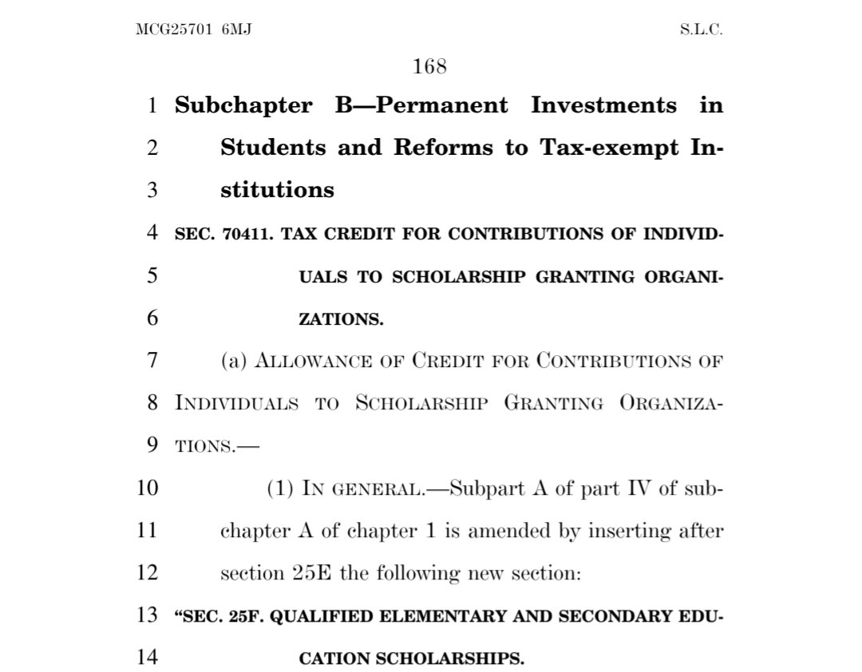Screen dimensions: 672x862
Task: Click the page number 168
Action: [x=429, y=67]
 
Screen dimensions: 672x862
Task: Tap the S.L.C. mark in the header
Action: [x=701, y=30]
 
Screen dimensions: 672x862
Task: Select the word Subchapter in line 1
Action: [x=243, y=105]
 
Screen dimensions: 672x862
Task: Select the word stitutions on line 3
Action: [x=277, y=190]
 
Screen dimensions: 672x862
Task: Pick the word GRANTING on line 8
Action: [x=553, y=404]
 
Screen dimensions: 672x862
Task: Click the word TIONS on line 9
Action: [x=199, y=446]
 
